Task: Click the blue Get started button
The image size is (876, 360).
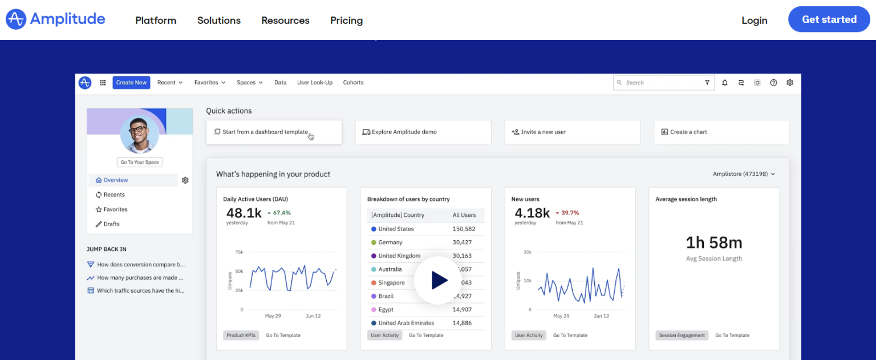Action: click(x=829, y=19)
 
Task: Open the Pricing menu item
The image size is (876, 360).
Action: click(x=346, y=21)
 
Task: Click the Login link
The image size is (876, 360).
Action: click(x=754, y=21)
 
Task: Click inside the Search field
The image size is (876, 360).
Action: click(x=662, y=83)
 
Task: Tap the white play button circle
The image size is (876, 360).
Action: click(x=438, y=280)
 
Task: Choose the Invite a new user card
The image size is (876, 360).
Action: click(x=572, y=132)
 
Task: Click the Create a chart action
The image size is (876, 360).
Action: click(x=721, y=132)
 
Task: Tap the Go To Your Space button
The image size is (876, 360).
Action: click(x=140, y=162)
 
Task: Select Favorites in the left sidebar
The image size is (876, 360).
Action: click(x=115, y=209)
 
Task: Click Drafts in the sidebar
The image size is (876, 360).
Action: click(x=111, y=224)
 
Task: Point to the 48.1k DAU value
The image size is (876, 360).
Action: click(x=244, y=213)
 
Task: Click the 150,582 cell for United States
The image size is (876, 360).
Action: click(x=464, y=229)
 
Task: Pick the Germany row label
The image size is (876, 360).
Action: click(x=390, y=242)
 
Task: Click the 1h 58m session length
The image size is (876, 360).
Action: click(x=713, y=243)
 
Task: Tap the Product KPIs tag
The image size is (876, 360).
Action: click(x=241, y=335)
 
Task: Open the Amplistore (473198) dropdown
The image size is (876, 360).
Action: click(x=744, y=174)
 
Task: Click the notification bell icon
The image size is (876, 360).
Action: click(x=725, y=83)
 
